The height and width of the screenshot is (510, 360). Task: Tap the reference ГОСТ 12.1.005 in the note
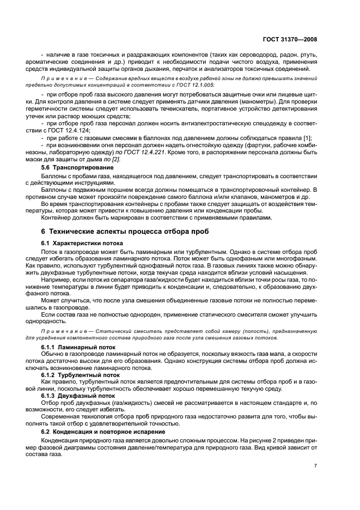196,86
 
